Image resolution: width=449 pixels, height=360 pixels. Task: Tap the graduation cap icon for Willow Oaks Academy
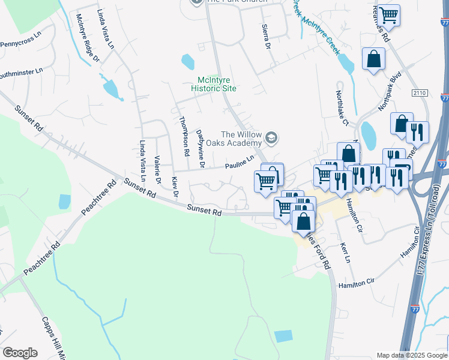point(271,139)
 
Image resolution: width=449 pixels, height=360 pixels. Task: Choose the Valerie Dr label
point(157,169)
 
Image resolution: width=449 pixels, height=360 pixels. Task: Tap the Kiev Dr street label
point(175,187)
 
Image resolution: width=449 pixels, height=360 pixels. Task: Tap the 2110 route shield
point(420,93)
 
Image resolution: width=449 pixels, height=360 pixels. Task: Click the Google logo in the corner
point(20,353)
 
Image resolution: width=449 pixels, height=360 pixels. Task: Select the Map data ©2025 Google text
point(412,355)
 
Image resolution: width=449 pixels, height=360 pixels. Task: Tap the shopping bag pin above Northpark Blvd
point(373,59)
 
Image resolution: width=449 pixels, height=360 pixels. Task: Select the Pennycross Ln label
point(20,44)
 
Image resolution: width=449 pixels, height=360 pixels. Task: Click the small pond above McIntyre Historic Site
point(188,61)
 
